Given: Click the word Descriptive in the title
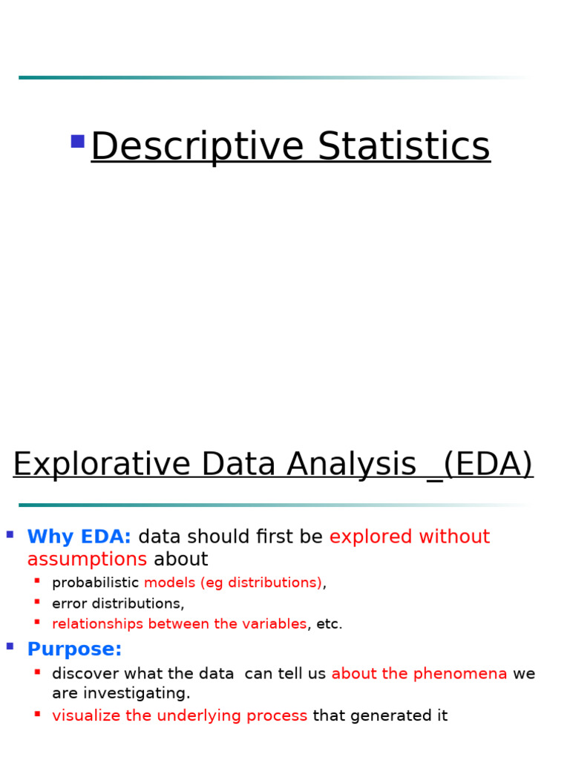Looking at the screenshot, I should (197, 146).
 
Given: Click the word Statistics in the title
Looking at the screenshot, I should (404, 146).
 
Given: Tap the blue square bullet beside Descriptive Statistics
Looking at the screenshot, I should (77, 141).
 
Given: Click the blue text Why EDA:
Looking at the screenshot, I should (79, 537).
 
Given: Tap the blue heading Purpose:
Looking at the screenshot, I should (74, 649).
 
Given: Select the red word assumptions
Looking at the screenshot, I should (87, 559).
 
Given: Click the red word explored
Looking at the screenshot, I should (371, 537).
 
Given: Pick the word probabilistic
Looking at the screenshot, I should (95, 583).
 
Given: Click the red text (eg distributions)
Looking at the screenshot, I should (261, 583).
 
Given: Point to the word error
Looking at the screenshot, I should (70, 603).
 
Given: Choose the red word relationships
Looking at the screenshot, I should (98, 624).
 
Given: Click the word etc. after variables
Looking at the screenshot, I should (330, 624).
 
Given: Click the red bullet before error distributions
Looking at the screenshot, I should (37, 600).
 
